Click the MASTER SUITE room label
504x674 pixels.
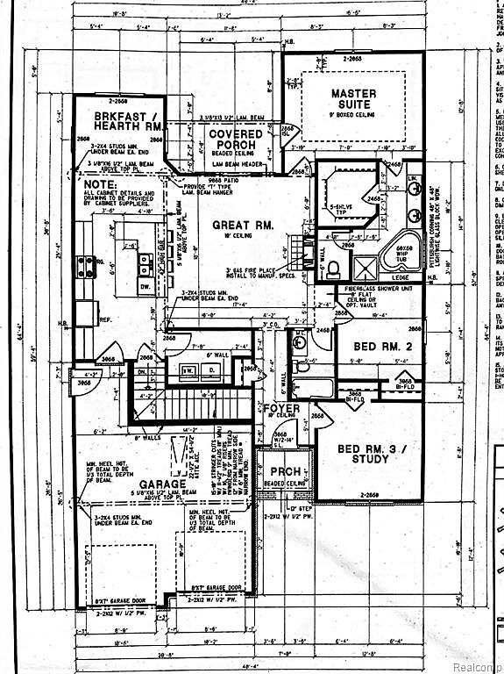point(353,99)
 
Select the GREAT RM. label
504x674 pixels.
point(243,225)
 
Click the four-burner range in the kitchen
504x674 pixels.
point(89,265)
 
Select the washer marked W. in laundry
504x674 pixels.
point(187,369)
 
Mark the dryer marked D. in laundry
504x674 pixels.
point(211,369)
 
